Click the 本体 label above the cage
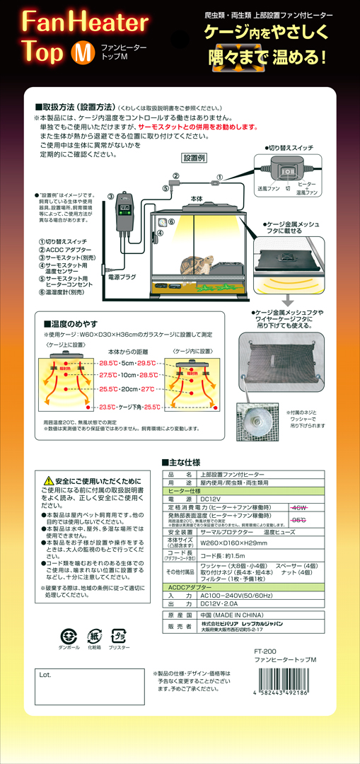197,201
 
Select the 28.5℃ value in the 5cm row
108,362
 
